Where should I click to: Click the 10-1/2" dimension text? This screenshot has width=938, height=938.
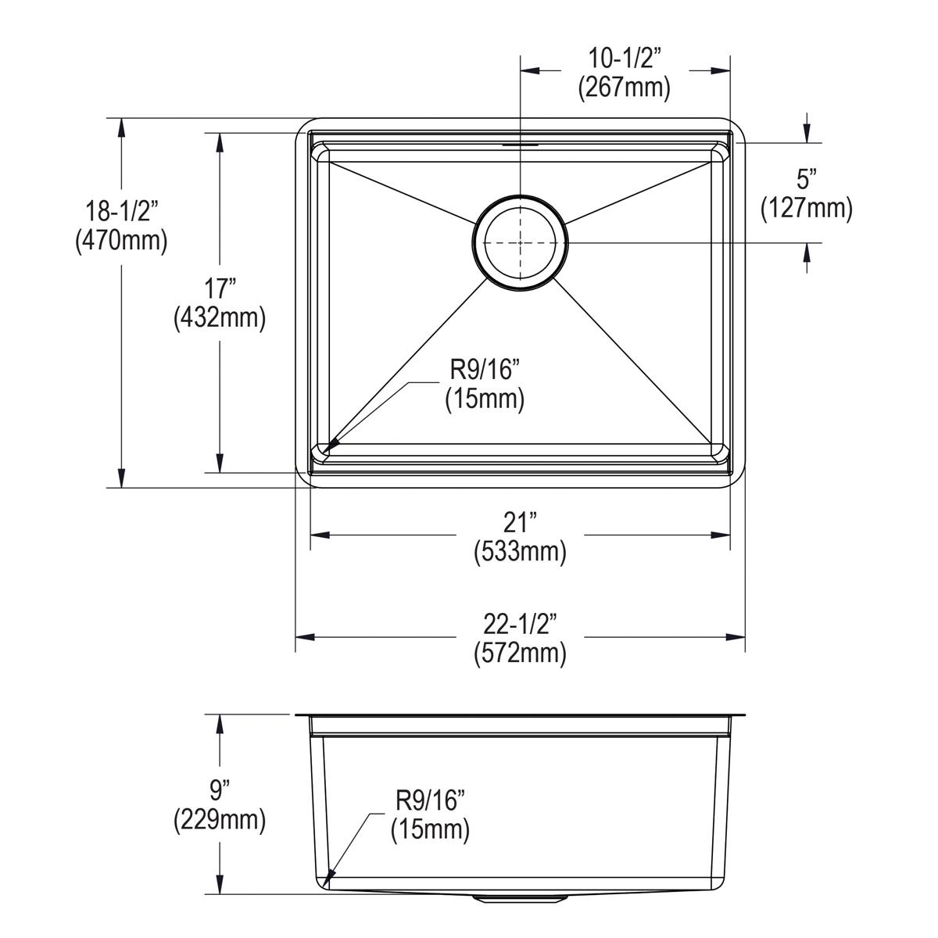[625, 59]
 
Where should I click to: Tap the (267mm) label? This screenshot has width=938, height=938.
[625, 88]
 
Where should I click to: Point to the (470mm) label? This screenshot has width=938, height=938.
[121, 241]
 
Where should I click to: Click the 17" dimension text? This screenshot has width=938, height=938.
[220, 289]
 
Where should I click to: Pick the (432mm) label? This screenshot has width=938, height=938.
[220, 318]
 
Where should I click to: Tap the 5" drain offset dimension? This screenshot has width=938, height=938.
[807, 180]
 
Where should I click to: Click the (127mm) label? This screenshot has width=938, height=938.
[807, 209]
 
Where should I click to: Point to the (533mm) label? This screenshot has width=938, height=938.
[520, 552]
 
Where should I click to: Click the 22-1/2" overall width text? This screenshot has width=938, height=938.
[520, 623]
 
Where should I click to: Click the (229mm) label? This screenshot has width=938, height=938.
[220, 820]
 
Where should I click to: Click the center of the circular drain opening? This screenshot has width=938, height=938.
[521, 242]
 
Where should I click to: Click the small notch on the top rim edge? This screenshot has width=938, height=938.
[520, 145]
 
